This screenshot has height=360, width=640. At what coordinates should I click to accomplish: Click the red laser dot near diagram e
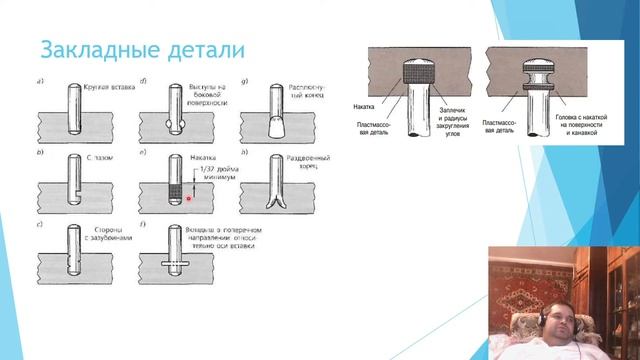[188, 198]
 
